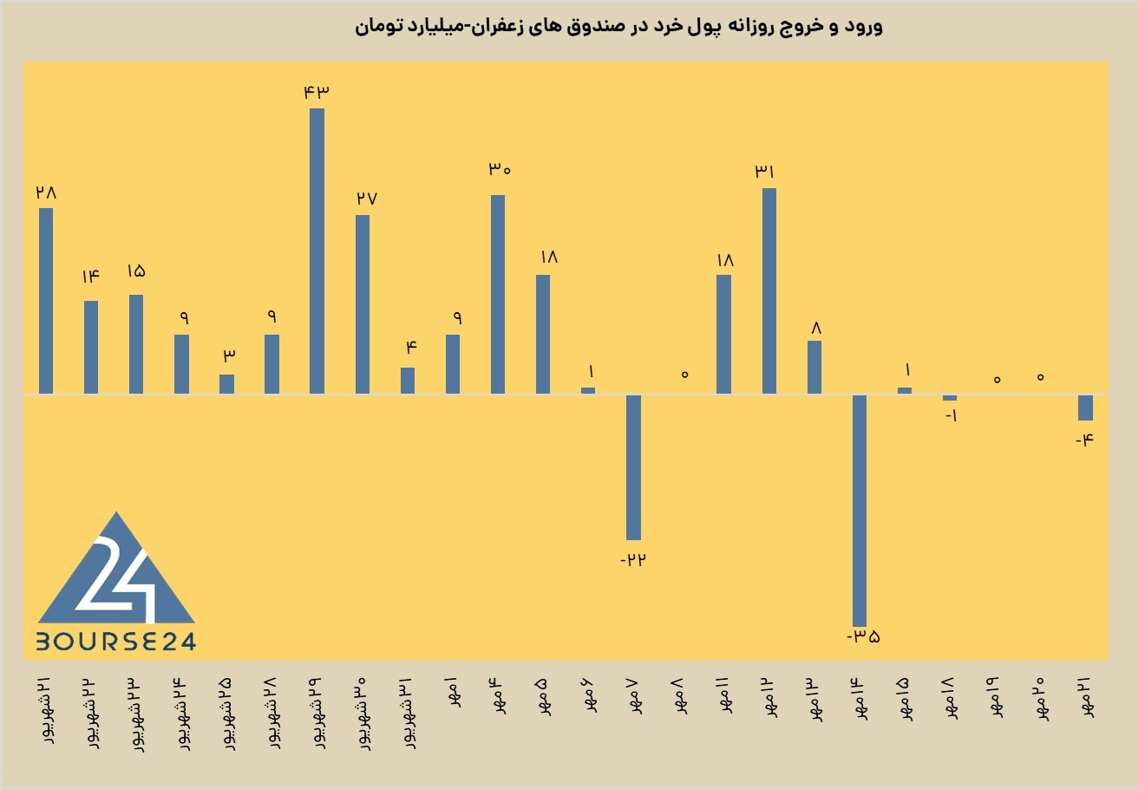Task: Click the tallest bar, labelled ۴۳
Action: click(x=317, y=251)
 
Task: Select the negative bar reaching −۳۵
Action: click(x=860, y=511)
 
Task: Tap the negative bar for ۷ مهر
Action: click(x=633, y=467)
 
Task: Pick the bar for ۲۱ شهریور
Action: click(x=46, y=301)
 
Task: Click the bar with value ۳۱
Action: click(x=769, y=291)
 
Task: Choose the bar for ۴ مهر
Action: click(x=498, y=295)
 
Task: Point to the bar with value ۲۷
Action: click(x=363, y=304)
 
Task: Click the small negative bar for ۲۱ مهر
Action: click(x=1086, y=408)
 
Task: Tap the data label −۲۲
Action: click(x=633, y=560)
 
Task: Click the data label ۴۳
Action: click(x=317, y=93)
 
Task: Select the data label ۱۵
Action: click(x=136, y=271)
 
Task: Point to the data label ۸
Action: click(x=816, y=328)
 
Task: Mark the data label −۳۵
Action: click(x=863, y=636)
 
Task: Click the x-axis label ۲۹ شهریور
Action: click(x=317, y=713)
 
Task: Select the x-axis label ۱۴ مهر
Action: click(x=860, y=698)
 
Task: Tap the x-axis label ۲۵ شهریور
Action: click(x=226, y=713)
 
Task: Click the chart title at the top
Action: click(x=618, y=26)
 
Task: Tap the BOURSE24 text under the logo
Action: click(x=116, y=642)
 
